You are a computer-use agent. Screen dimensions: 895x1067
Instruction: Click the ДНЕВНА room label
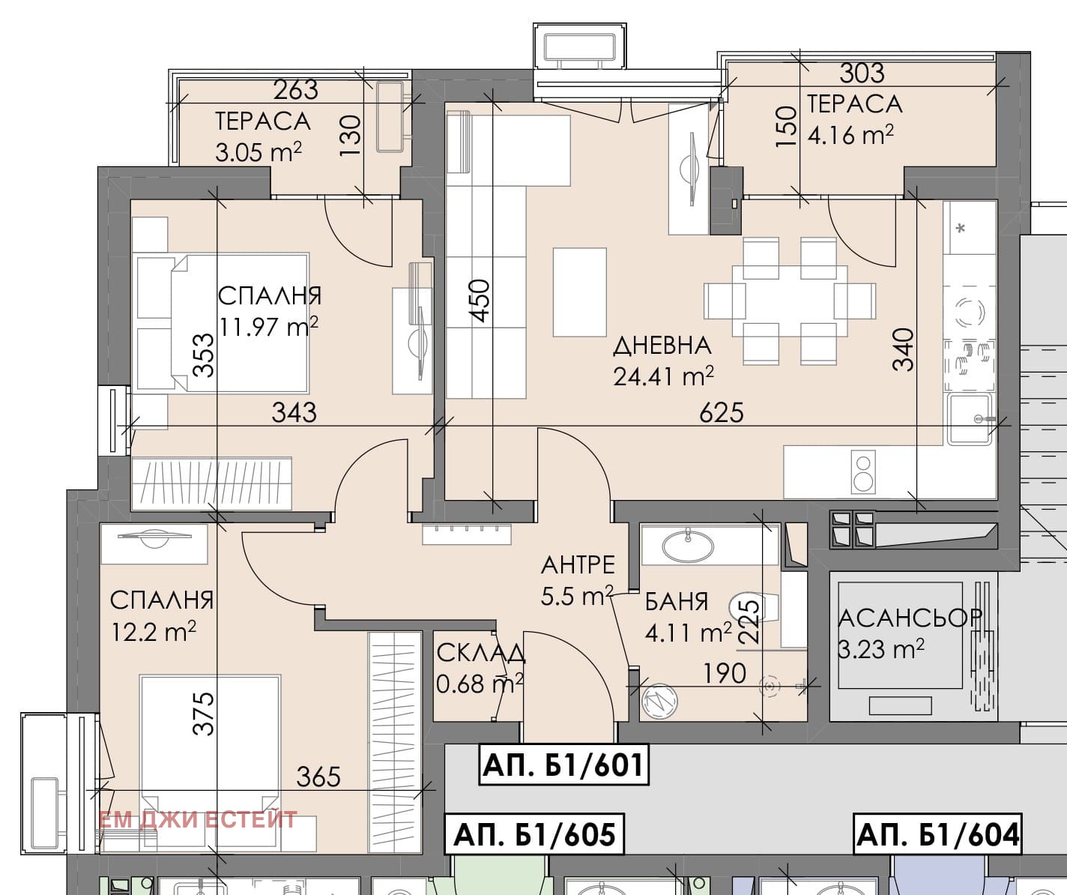click(x=662, y=346)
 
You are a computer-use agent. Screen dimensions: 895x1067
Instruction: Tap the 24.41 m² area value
click(x=663, y=376)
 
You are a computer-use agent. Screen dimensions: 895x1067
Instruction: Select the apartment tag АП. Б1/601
click(x=563, y=765)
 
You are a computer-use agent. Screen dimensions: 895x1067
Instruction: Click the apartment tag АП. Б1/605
click(x=534, y=834)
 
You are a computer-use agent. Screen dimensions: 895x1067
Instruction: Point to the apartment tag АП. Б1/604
click(x=938, y=834)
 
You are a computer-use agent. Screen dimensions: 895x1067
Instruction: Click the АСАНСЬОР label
click(x=910, y=618)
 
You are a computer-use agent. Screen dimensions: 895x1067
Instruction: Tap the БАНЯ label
click(x=677, y=601)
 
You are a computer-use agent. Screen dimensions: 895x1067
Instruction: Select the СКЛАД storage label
click(x=480, y=653)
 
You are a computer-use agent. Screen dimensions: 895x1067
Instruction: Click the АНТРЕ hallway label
click(x=578, y=564)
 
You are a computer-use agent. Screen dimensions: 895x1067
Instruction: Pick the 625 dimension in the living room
click(x=722, y=412)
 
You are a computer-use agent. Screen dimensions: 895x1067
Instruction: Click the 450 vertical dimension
click(x=480, y=301)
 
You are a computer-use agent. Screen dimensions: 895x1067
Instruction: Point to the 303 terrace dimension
click(x=862, y=73)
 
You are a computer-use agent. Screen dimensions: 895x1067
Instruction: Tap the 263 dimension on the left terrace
click(x=295, y=90)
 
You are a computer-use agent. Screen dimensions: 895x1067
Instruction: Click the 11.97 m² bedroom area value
click(x=269, y=326)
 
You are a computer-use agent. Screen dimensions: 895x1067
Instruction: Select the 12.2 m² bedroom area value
click(x=154, y=631)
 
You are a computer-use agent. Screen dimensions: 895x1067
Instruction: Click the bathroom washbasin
click(x=688, y=545)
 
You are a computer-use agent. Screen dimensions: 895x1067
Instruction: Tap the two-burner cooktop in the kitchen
click(x=863, y=473)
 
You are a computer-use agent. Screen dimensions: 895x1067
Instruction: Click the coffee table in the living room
click(x=579, y=292)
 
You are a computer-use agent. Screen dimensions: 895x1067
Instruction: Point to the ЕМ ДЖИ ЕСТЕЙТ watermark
click(x=198, y=819)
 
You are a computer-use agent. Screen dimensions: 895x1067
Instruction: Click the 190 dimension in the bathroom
click(x=724, y=673)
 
